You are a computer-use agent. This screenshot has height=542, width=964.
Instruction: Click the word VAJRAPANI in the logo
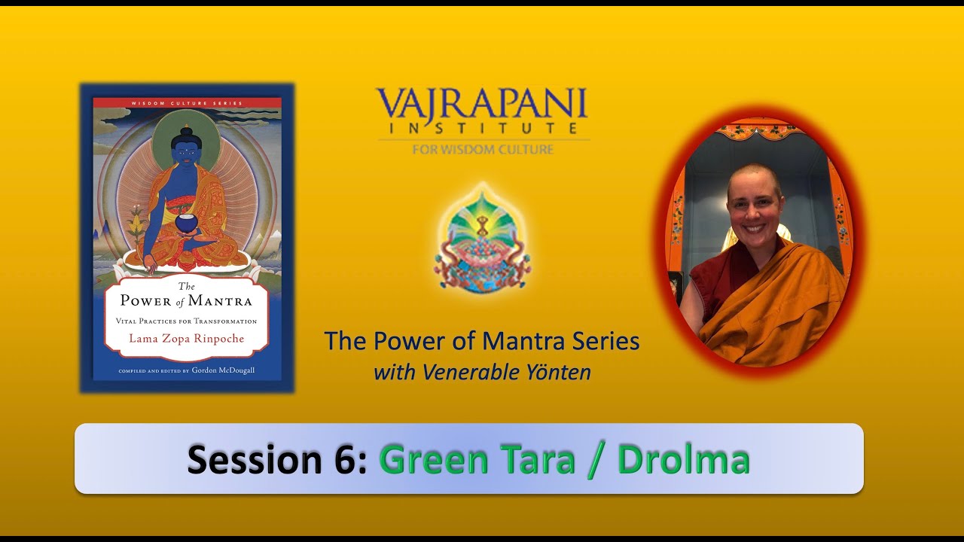pos(482,104)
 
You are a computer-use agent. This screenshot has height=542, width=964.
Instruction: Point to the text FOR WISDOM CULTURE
pos(483,149)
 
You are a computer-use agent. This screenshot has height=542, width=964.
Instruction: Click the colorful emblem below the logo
pos(482,241)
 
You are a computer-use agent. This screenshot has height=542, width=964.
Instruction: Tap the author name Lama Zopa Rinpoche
pos(186,339)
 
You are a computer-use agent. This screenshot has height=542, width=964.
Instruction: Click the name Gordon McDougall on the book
pos(223,370)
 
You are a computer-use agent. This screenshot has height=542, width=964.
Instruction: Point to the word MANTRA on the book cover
pos(220,300)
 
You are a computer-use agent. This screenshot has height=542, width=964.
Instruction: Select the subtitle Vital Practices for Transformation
pos(186,321)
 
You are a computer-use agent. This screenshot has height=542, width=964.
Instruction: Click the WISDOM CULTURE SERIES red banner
pos(187,103)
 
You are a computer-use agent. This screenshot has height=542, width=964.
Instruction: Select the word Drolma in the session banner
pos(684,459)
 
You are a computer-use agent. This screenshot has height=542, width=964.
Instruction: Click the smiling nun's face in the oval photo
pos(755,202)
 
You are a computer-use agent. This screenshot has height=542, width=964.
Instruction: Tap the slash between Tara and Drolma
pos(596,461)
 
